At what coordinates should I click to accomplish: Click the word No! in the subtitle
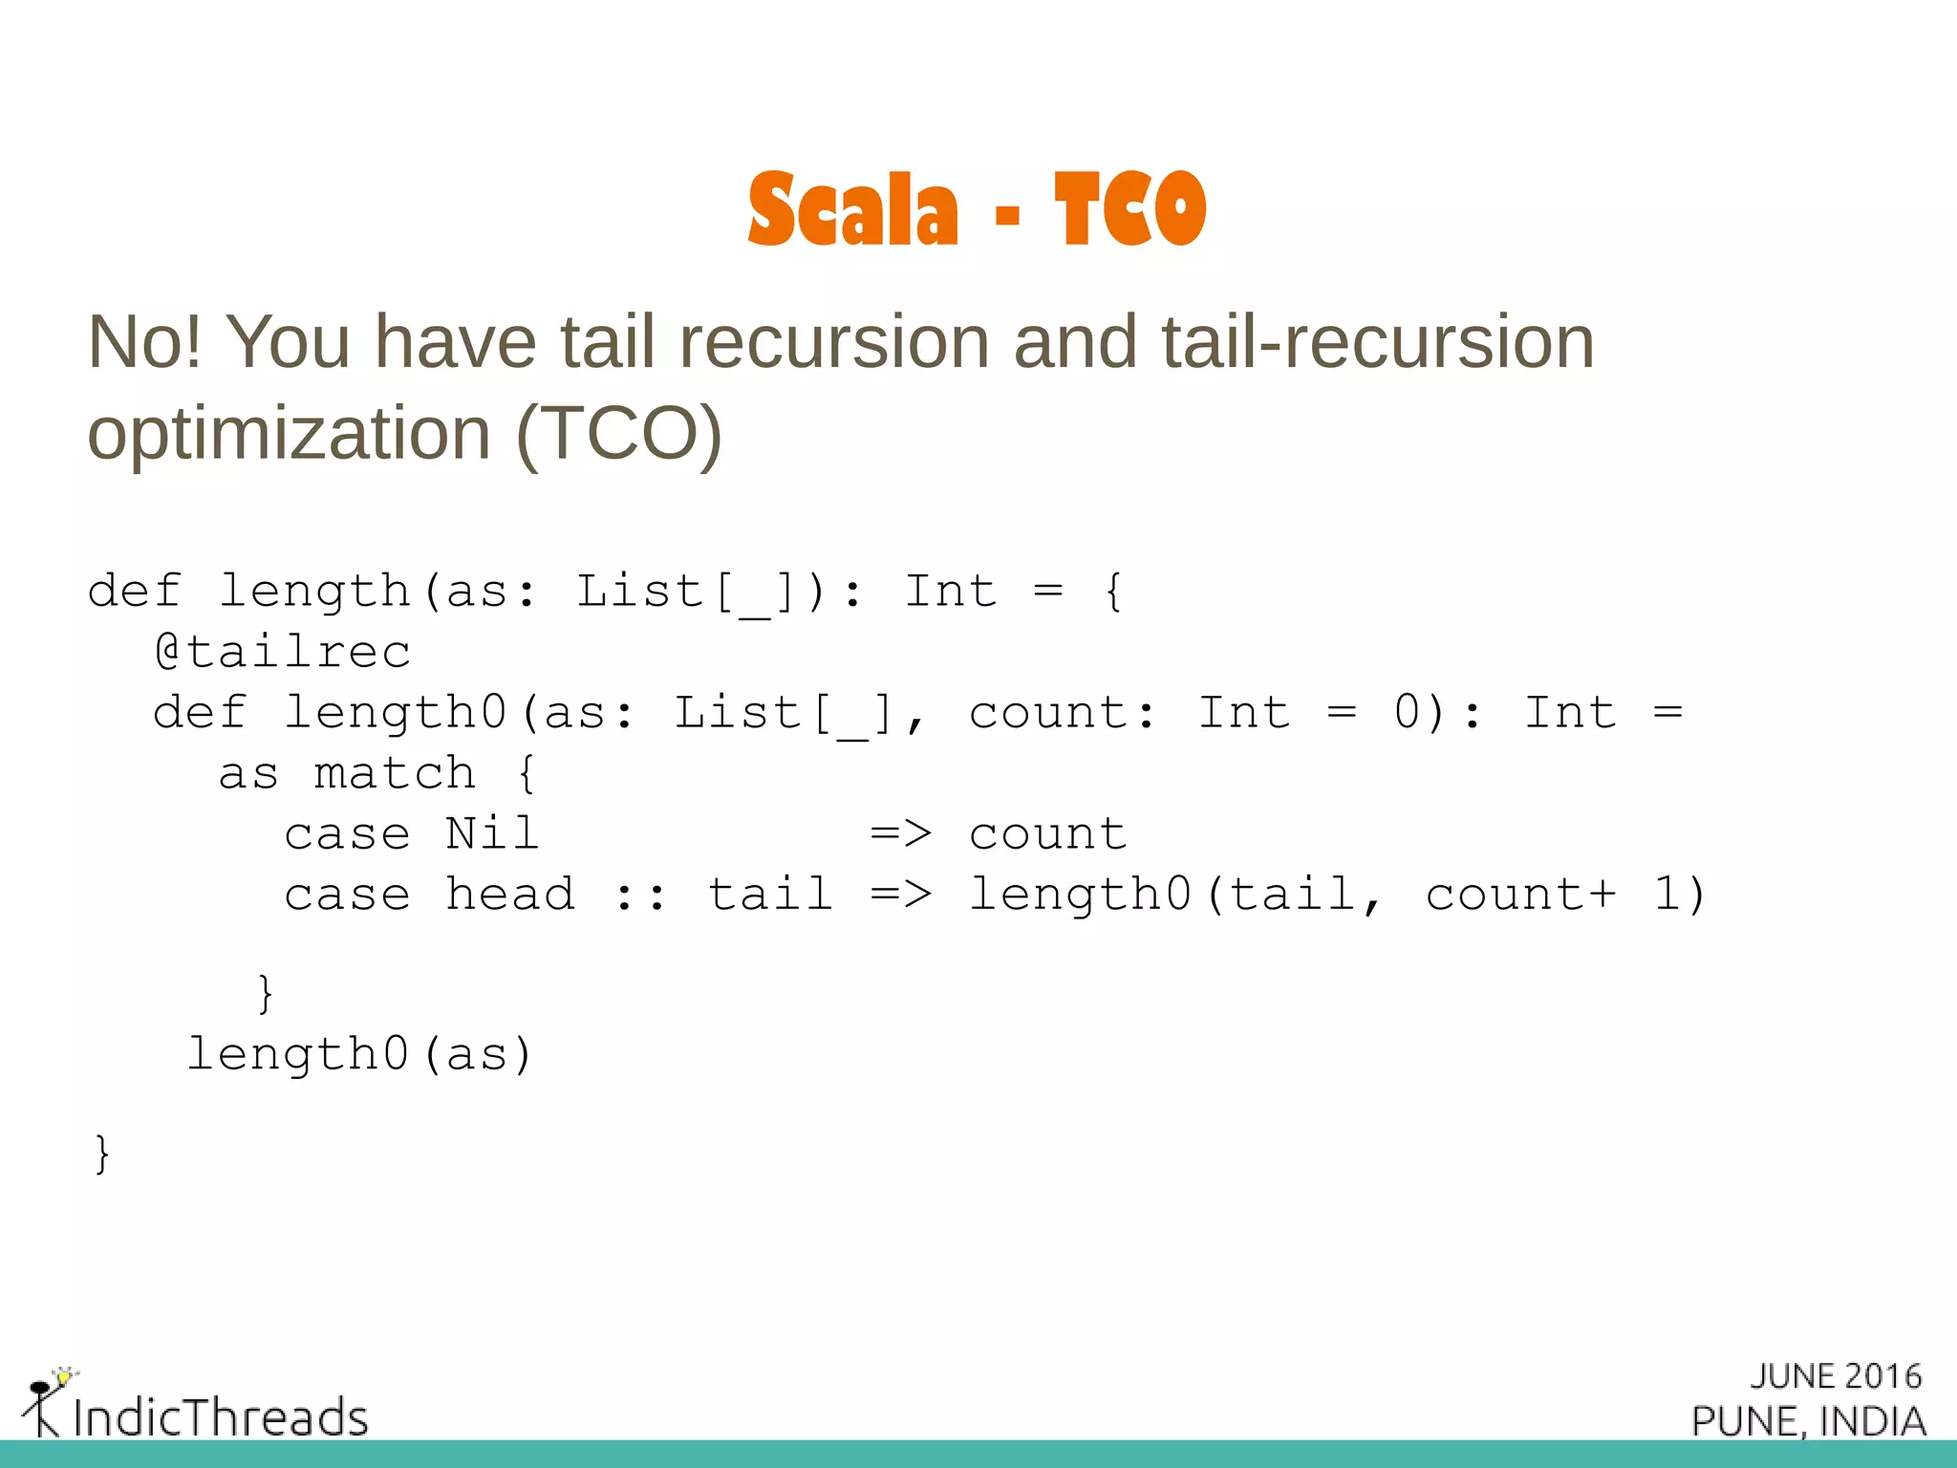144,342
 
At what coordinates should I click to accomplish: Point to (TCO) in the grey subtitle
618,434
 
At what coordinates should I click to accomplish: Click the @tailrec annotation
283,653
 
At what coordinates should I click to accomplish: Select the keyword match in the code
395,774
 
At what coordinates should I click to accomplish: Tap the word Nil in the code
492,834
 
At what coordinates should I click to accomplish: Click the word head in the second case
510,896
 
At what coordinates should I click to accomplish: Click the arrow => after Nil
900,834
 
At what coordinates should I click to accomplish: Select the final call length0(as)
359,1055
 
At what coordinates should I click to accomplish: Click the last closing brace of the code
102,1154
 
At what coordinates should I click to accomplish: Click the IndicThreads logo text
221,1417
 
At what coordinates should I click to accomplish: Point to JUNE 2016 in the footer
1836,1376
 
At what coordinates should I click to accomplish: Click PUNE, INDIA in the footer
1809,1421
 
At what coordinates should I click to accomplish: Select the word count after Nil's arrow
1048,834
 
